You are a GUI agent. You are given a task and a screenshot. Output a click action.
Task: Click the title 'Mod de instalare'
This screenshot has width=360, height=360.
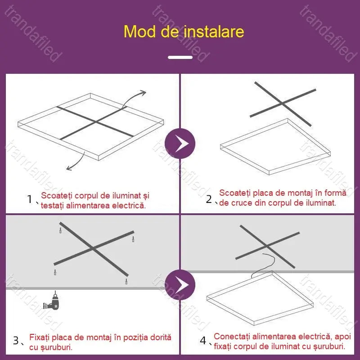[184, 31]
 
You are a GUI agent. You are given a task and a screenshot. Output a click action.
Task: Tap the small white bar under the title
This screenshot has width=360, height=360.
[180, 57]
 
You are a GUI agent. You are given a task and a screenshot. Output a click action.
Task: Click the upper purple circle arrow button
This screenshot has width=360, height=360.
[180, 143]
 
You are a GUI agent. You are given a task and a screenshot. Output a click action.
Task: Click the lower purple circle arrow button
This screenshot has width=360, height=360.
[180, 284]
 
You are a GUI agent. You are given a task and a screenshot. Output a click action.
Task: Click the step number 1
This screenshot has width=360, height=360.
[30, 199]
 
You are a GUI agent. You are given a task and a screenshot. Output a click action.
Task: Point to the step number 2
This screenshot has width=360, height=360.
[209, 199]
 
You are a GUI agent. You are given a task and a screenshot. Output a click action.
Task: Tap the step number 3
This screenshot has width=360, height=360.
[16, 341]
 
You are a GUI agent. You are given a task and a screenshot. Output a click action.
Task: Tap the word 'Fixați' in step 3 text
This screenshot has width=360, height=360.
[40, 337]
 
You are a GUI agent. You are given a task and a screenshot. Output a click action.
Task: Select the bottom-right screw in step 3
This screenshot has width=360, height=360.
[126, 281]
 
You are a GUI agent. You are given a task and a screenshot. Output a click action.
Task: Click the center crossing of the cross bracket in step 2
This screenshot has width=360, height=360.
[283, 103]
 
